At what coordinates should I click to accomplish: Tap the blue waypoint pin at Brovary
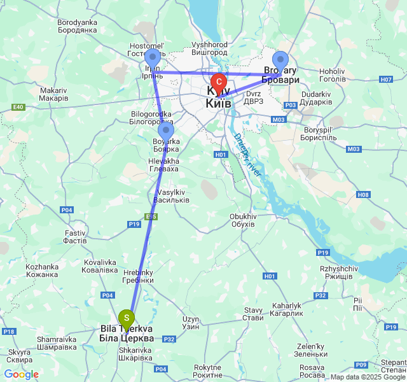[280, 60]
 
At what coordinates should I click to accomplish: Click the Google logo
[21, 374]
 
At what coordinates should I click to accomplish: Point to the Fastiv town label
[75, 237]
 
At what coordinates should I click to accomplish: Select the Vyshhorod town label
[209, 49]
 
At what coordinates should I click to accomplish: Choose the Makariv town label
[53, 94]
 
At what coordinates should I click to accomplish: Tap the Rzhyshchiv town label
[337, 272]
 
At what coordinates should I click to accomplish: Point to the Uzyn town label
[191, 322]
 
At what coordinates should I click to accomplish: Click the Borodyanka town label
[76, 26]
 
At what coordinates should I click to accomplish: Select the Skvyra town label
[20, 355]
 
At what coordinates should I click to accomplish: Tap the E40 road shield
[18, 107]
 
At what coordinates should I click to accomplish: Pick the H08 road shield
[363, 195]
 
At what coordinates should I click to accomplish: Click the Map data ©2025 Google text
[368, 377]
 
